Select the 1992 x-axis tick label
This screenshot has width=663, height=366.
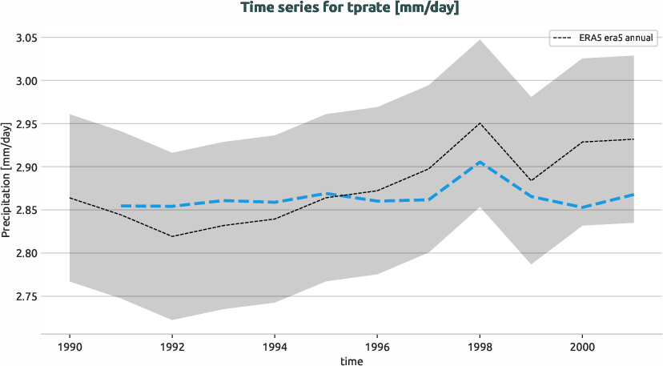[172, 348]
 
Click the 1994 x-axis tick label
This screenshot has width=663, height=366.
[275, 348]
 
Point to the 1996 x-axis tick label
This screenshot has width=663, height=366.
[377, 348]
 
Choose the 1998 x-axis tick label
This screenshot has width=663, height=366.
[480, 348]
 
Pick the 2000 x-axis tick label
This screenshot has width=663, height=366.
[582, 348]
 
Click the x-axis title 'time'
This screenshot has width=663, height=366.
[351, 360]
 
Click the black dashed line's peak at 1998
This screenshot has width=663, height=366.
[480, 123]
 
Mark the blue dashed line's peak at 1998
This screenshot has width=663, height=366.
[480, 163]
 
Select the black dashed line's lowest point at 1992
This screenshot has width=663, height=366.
[172, 236]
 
